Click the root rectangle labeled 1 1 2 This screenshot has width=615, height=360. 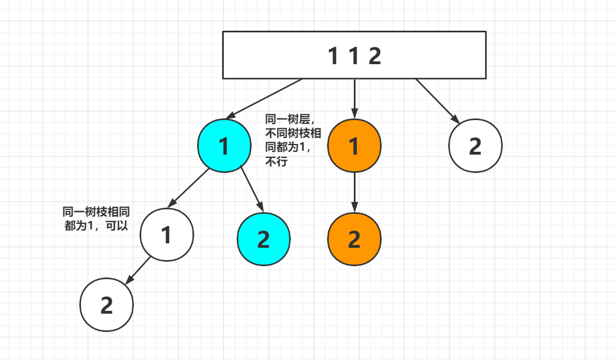point(354,55)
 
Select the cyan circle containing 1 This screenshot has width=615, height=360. point(224,146)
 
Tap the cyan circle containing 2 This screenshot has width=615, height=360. point(263,239)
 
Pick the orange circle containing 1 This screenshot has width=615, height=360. point(354,146)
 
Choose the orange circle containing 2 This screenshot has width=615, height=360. point(354,239)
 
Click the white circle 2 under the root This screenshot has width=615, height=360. point(475,146)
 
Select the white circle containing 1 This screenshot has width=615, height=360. point(166,234)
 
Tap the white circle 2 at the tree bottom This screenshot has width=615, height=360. point(107,305)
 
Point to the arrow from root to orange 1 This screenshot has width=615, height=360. point(354,98)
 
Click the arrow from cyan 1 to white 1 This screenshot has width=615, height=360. point(188,188)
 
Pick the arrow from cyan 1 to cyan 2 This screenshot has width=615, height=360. point(251,189)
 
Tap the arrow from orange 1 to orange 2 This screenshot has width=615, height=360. point(354,192)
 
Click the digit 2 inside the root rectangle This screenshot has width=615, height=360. point(374,56)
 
